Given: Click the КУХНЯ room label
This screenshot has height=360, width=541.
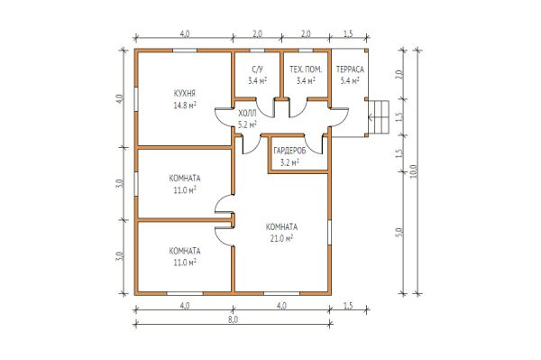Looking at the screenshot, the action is point(185,93).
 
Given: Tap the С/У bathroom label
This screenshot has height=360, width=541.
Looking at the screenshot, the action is point(257,69).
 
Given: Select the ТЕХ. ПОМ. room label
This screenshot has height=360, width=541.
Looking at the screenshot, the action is point(306,69).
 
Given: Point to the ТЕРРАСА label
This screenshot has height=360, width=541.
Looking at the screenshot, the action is point(350,69).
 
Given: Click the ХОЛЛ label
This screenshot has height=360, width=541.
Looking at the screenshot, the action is point(247,113).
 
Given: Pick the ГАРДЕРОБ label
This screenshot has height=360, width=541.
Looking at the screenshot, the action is point(289,151).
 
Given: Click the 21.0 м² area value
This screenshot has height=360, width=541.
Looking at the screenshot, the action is point(281,238).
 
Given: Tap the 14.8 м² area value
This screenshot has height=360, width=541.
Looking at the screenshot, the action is point(185,106).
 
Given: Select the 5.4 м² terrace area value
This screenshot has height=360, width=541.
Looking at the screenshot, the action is point(350,81).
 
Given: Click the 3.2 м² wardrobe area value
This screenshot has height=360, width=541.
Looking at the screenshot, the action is point(289,162).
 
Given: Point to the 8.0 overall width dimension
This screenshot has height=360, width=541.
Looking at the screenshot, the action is point(233,319).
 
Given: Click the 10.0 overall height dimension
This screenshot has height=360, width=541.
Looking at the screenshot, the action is point(414,171).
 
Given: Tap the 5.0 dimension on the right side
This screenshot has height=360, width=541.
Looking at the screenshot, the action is point(399,232).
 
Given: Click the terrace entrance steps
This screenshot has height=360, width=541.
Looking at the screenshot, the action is point(378,117).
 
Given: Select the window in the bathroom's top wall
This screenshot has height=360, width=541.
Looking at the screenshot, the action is point(257,51).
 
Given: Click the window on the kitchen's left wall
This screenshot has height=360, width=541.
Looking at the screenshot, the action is point(136,99).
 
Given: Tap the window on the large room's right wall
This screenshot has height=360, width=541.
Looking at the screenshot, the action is point(329,233).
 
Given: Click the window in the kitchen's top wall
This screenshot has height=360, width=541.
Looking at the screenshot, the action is point(185,51).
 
